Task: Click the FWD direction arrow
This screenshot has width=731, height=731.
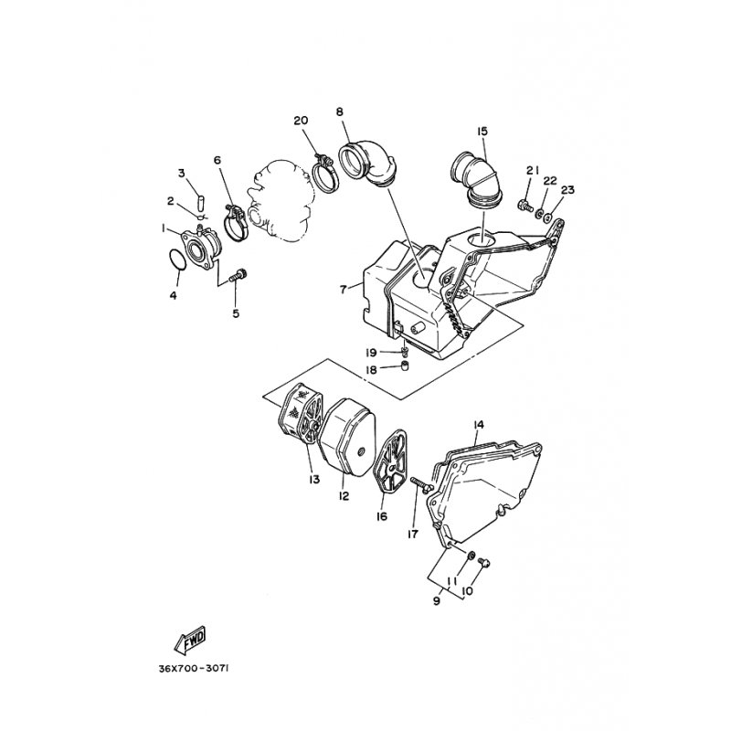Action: [x=190, y=640]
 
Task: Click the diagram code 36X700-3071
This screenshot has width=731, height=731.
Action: [x=194, y=669]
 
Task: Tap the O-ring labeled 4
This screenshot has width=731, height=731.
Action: [x=176, y=260]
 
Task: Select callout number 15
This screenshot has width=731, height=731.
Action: [x=482, y=131]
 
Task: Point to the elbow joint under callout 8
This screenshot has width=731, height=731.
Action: [x=368, y=164]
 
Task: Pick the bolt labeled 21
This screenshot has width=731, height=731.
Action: [x=526, y=205]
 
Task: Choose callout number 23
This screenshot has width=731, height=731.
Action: [x=567, y=190]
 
